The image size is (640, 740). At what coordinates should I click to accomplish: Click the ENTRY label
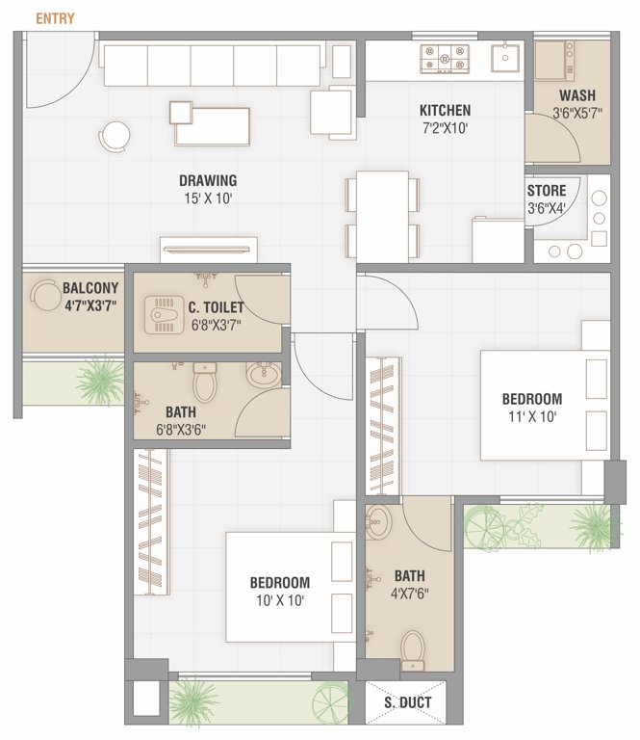pyautogui.click(x=55, y=18)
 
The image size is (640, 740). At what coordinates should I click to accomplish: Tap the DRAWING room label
pyautogui.click(x=208, y=180)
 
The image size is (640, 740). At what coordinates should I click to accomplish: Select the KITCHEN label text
pyautogui.click(x=445, y=110)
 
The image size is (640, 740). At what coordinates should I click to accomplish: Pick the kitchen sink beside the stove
pyautogui.click(x=505, y=60)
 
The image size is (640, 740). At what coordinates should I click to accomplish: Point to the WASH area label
pyautogui.click(x=576, y=95)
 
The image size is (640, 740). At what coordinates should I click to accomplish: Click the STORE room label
pyautogui.click(x=547, y=191)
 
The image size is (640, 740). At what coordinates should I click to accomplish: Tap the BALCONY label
pyautogui.click(x=90, y=287)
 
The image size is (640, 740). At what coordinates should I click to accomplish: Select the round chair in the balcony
pyautogui.click(x=45, y=296)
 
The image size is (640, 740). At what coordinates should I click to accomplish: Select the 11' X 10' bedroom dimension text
pyautogui.click(x=531, y=416)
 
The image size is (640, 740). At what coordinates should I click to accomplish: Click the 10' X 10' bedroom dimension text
pyautogui.click(x=279, y=600)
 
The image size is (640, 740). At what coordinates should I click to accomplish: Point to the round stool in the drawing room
pyautogui.click(x=115, y=134)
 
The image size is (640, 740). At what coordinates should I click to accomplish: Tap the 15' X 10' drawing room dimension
pyautogui.click(x=208, y=198)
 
